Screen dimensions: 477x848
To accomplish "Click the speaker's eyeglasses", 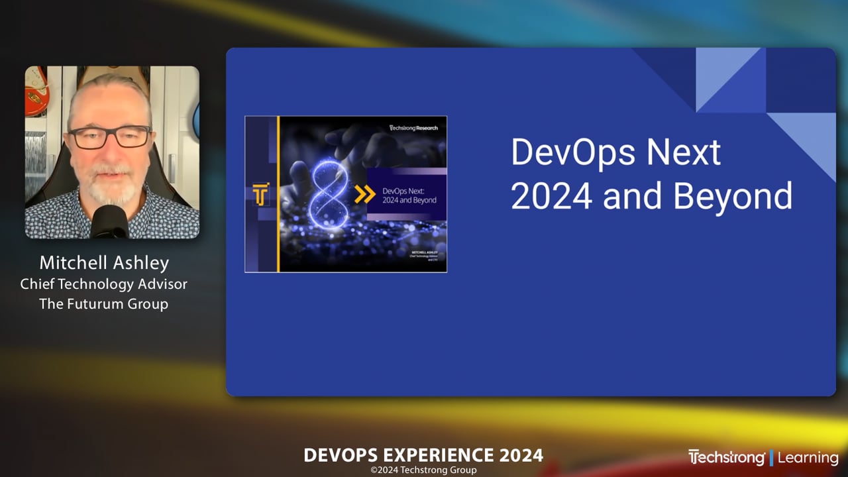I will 110,137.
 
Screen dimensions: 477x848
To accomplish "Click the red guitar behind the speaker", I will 36,93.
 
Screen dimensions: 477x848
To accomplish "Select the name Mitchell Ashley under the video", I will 104,263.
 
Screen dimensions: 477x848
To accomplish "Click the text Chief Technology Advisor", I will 104,284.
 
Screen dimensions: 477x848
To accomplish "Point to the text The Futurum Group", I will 104,304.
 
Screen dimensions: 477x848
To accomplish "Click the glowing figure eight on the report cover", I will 329,195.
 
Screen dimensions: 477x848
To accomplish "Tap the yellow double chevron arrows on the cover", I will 364,195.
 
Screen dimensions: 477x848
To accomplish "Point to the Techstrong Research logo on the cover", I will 416,127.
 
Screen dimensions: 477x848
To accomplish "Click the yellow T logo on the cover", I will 260,195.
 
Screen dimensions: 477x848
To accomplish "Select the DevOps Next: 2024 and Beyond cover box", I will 406,195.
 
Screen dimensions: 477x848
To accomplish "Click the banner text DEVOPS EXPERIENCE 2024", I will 423,456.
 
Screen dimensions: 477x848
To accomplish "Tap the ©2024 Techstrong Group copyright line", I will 423,470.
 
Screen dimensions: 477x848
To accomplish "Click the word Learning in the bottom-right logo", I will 808,458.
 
